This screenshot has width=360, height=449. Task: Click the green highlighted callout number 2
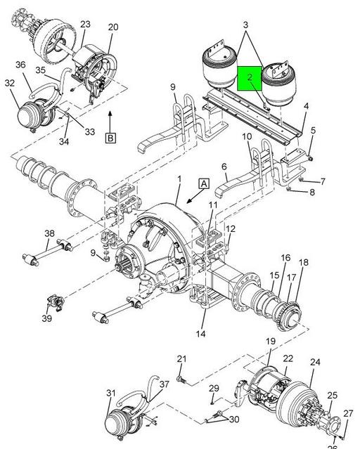(x=250, y=77)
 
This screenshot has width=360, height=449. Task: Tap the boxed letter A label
(x=204, y=183)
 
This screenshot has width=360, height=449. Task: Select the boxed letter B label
(x=110, y=138)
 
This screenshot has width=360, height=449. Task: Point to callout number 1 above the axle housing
(x=179, y=179)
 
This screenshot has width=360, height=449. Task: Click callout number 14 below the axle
(x=200, y=334)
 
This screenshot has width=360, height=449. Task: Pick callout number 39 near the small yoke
(x=46, y=318)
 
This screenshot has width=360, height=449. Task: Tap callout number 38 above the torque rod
(x=49, y=233)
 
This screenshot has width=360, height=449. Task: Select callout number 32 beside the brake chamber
(x=9, y=83)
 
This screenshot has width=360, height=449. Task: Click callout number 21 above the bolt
(x=181, y=358)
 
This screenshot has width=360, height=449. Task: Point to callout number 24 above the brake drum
(x=315, y=362)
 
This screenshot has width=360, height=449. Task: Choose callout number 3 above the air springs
(x=245, y=25)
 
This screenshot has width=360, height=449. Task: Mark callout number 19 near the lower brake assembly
(x=270, y=341)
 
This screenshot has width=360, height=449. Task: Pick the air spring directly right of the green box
(x=276, y=84)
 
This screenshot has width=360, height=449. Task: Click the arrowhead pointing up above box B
(x=110, y=114)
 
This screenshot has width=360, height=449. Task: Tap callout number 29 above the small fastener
(x=214, y=388)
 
